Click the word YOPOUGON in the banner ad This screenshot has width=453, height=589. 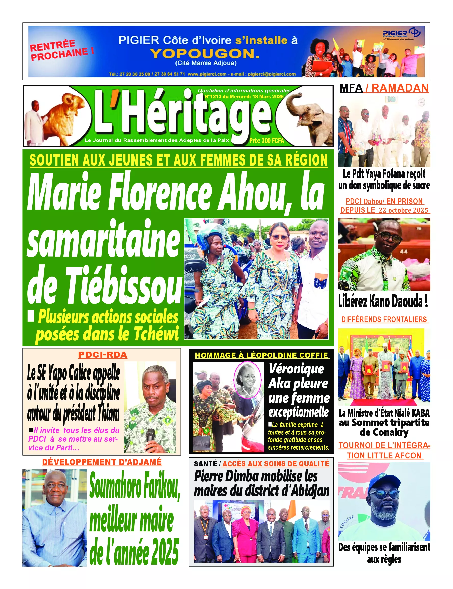click(205, 54)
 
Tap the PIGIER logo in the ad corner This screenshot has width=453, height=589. click(401, 34)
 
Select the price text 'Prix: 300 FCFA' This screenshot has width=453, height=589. click(267, 141)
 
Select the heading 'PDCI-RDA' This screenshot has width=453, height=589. click(103, 355)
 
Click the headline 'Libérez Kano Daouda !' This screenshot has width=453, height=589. click(383, 301)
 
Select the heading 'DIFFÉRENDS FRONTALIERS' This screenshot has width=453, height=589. click(384, 320)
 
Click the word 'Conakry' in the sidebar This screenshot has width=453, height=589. click(384, 432)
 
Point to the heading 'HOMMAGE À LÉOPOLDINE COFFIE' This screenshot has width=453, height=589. click(261, 355)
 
